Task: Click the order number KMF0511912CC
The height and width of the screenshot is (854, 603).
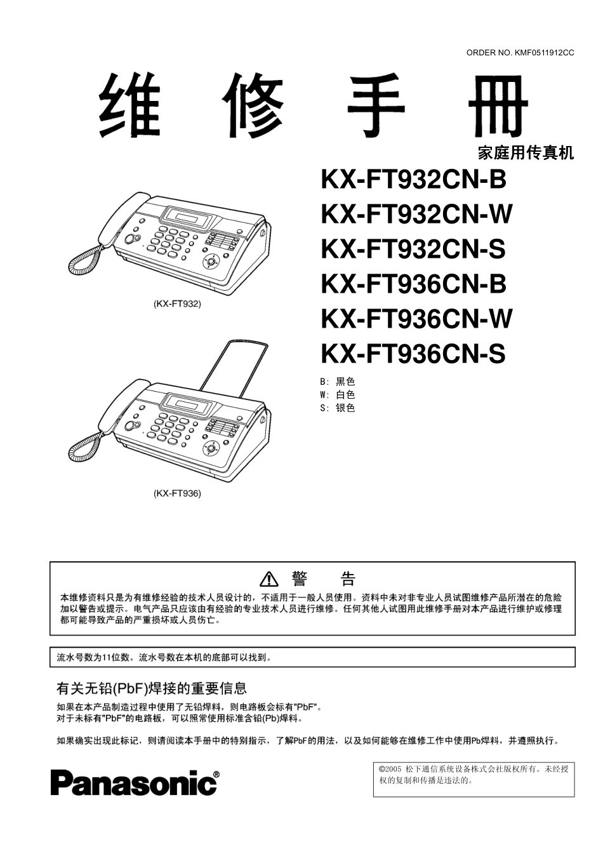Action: (520, 53)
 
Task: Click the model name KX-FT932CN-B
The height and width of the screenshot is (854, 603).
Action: (413, 180)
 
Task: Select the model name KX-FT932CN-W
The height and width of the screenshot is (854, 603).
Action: (416, 215)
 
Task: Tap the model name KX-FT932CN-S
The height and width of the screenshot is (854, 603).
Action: (413, 249)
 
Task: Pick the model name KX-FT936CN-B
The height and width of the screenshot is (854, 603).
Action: (413, 284)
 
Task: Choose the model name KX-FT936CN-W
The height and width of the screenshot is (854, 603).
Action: (416, 319)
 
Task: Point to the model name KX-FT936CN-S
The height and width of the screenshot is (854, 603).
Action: (413, 354)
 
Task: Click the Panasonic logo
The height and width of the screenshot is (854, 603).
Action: (135, 783)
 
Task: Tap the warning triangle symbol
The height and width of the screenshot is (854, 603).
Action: (269, 579)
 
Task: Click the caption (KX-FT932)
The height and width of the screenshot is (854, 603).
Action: (177, 304)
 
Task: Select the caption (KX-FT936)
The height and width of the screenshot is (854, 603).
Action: (177, 493)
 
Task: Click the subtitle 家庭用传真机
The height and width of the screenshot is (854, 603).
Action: (525, 153)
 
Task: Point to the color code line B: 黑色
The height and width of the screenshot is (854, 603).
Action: (338, 382)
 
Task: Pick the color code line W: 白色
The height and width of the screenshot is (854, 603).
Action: (338, 395)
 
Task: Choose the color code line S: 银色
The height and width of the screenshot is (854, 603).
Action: (338, 408)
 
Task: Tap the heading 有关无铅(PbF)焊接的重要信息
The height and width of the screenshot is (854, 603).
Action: (152, 688)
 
